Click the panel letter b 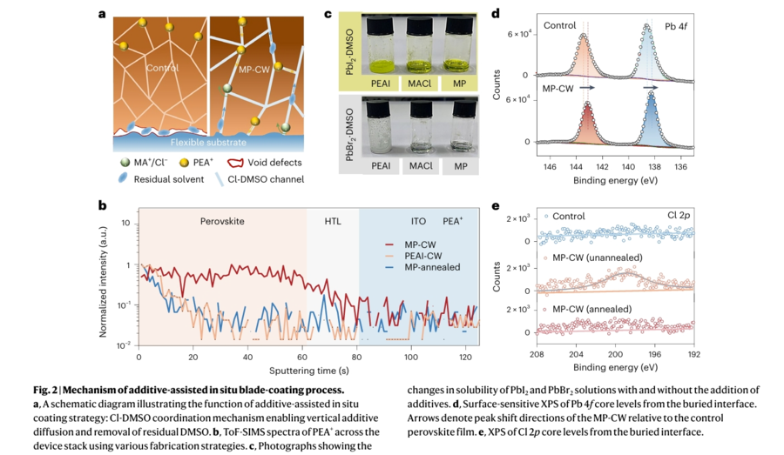(x=103, y=205)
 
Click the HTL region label (x=332, y=223)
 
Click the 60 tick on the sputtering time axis (x=302, y=358)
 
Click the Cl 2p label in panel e (x=679, y=213)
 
